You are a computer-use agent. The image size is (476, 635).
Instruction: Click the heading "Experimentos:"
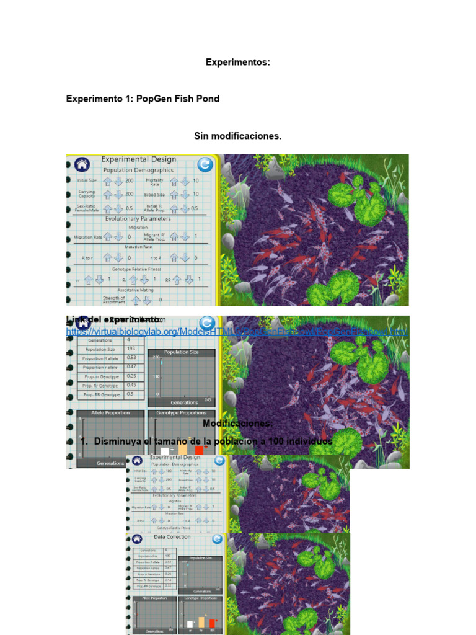238,63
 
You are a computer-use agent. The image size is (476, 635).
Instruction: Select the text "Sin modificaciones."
238,136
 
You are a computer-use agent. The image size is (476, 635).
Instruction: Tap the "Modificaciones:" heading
237,423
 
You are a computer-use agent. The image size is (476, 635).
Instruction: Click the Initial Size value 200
130,180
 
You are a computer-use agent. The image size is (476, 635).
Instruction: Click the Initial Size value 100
169,471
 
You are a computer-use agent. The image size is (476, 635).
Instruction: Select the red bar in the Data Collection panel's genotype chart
212,623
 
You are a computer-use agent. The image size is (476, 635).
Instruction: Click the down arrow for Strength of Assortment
148,300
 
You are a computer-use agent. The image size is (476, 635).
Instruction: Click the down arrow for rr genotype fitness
99,280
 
